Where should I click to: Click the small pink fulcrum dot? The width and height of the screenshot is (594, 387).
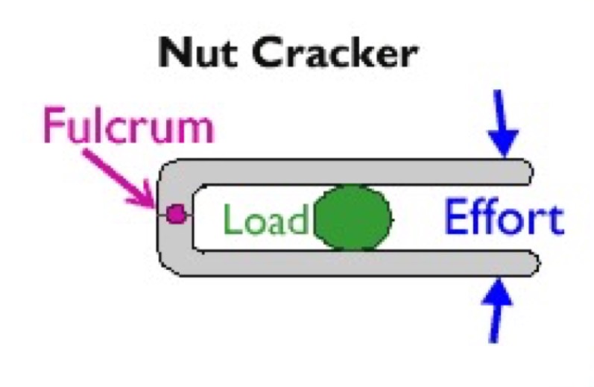pyautogui.click(x=176, y=215)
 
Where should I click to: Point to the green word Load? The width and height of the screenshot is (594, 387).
pyautogui.click(x=265, y=221)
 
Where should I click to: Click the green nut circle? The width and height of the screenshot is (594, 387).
pyautogui.click(x=353, y=218)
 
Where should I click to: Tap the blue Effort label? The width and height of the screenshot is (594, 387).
pyautogui.click(x=503, y=219)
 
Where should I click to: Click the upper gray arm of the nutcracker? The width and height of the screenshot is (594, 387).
pyautogui.click(x=350, y=171)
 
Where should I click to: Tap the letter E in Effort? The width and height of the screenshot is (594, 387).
pyautogui.click(x=455, y=219)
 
